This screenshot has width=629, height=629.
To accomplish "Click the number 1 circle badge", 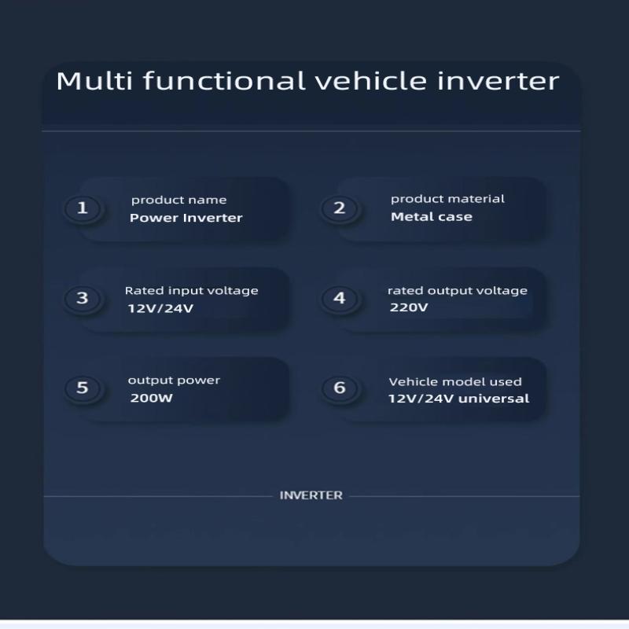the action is point(83,208).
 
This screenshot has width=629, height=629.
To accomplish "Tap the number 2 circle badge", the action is point(340,208).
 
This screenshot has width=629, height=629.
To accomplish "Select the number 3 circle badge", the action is point(83,298).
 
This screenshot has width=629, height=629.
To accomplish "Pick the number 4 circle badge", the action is point(340,298).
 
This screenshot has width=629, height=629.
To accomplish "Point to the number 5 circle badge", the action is point(83,388).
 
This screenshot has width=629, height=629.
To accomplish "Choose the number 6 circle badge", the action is point(340,388).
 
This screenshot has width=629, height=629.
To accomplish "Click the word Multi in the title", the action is point(94,81).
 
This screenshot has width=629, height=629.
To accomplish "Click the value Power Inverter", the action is point(186,218).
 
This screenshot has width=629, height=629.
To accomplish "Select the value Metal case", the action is point(432,217).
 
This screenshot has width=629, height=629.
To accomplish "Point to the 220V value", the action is point(409,307).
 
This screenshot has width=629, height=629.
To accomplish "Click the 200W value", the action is point(151,398).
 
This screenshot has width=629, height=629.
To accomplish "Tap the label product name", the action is point(179,200).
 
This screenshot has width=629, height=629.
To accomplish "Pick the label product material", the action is point(447,199).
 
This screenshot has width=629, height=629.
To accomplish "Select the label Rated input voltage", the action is point(191,291).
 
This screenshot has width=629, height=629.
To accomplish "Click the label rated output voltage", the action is point(458,291).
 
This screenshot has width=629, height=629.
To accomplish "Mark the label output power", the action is point(174,381).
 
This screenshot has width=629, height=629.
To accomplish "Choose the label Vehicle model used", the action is point(455,382).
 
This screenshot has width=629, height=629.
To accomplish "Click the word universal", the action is point(494,399).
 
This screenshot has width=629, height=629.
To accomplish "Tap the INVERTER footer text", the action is point(311,495).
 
